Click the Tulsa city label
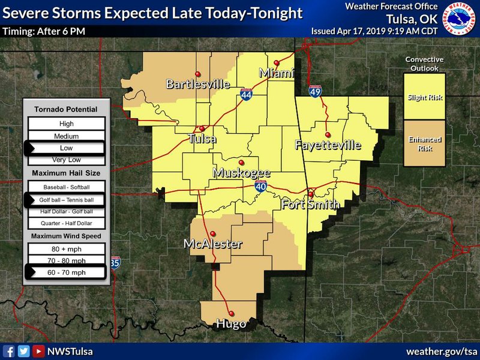tap(202, 139)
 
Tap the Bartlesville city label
tap(197, 84)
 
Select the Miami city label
tap(277, 73)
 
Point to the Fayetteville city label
tap(328, 145)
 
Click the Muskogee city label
tap(242, 173)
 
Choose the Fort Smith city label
tap(311, 205)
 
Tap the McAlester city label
tap(212, 244)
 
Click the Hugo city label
tap(231, 324)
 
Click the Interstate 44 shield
tap(246, 94)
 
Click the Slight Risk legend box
tap(424, 97)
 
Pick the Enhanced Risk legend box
tap(424, 143)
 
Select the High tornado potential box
tap(66, 124)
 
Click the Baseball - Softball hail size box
tap(66, 188)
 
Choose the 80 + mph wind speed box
tap(66, 248)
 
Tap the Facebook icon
tap(9, 351)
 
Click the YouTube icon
tap(38, 351)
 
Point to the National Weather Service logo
tap(463, 19)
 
